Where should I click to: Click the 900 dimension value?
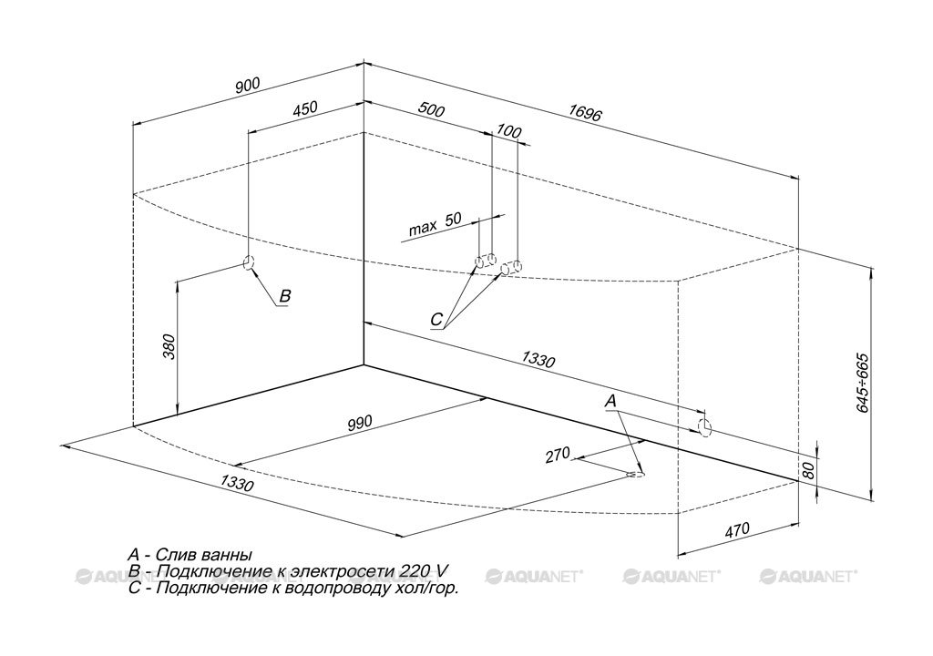[248, 86]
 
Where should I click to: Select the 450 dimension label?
[305, 108]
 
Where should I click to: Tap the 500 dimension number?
[431, 109]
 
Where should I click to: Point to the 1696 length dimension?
[586, 112]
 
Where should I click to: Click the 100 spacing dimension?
[508, 131]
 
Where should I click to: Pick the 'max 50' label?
[435, 223]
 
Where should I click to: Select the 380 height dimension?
[169, 346]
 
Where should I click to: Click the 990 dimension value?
[359, 424]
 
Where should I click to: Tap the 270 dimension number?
[558, 455]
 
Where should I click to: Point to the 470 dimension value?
[737, 529]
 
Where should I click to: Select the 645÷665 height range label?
[863, 383]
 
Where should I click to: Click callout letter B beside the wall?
[285, 295]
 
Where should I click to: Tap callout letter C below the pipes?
[436, 320]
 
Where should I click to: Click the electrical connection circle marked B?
[249, 261]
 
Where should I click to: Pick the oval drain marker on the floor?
[636, 475]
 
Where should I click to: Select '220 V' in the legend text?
[423, 571]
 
